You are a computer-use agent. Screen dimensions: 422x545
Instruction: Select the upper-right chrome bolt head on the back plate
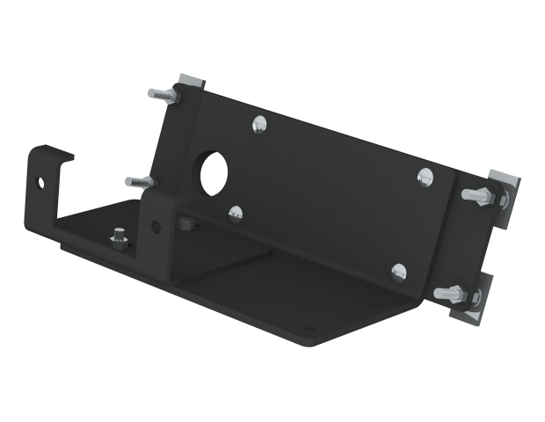pos(425,178)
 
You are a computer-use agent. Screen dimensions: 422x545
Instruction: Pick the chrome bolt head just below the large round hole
pos(235,212)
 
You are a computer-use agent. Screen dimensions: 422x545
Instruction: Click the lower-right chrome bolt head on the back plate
pos(399,273)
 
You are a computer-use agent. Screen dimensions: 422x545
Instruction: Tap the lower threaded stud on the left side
pos(139,182)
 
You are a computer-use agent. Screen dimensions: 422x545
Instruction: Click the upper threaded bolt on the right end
pos(479,195)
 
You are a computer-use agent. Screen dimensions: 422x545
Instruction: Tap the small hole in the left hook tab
pos(40,183)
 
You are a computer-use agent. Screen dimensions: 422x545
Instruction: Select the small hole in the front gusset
pos(156,227)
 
